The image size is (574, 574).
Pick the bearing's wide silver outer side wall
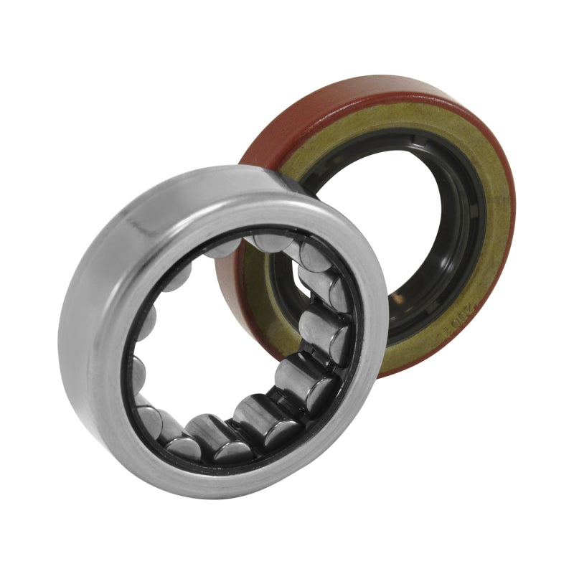[100, 287]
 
